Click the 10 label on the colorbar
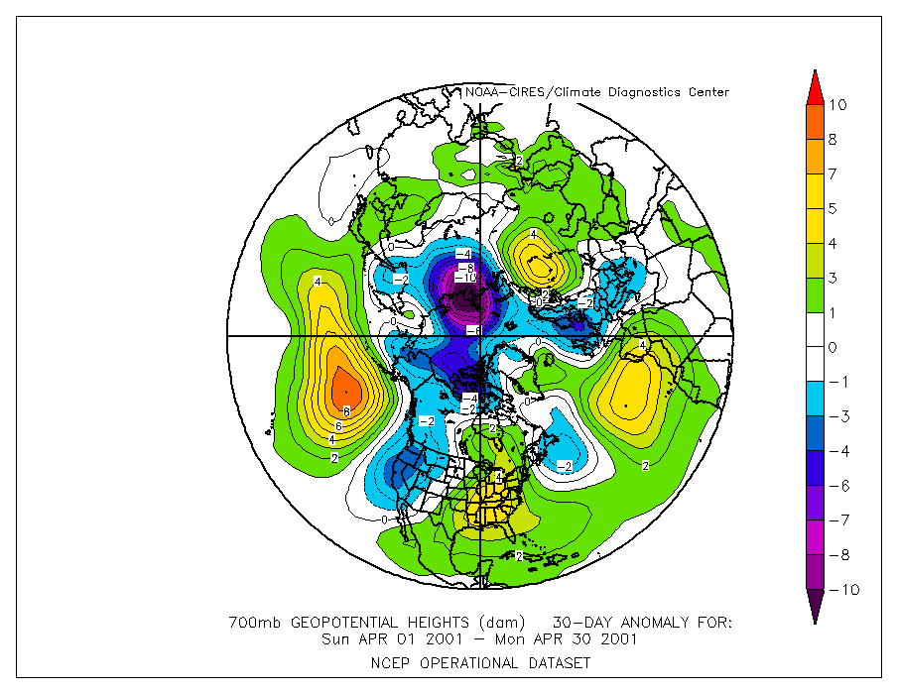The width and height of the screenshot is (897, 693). pyautogui.click(x=837, y=105)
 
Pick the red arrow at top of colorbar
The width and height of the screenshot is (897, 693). pyautogui.click(x=813, y=86)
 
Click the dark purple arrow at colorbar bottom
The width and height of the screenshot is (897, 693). pyautogui.click(x=813, y=607)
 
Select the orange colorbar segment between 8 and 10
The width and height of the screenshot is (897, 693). pyautogui.click(x=813, y=122)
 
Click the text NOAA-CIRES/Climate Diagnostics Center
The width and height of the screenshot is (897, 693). pyautogui.click(x=597, y=92)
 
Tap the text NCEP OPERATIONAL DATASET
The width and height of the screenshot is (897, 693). pyautogui.click(x=481, y=662)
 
